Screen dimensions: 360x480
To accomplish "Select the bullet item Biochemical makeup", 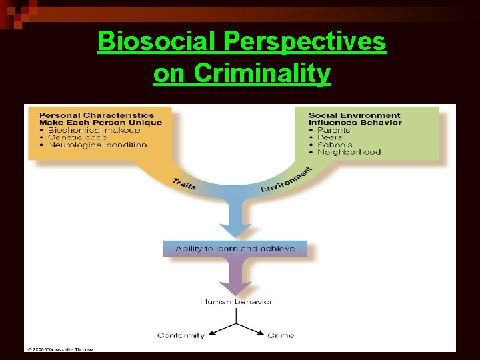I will [93, 130].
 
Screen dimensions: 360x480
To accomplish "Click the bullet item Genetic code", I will [79, 137].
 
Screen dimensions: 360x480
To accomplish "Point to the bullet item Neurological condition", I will [97, 145].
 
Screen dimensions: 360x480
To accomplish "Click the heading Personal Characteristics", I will [96, 115].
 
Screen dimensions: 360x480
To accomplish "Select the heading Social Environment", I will [354, 115].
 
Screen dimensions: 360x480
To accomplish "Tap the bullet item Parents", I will [333, 130].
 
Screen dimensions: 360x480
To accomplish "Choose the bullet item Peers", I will [329, 137].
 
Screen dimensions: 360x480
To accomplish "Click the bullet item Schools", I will [335, 145].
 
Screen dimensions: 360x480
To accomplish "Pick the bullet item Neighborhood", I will [349, 152].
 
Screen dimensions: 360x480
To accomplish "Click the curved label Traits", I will [184, 184].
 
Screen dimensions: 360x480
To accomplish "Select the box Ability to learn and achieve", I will [235, 249].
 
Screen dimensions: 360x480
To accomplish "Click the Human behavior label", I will [237, 301].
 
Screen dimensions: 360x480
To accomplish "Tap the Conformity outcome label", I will [181, 335].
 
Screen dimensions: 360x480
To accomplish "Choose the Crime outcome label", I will [281, 335].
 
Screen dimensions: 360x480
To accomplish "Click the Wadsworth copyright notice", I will [61, 349].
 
